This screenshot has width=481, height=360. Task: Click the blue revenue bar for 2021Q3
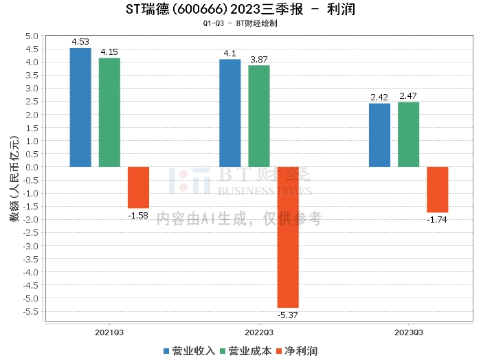[80, 107]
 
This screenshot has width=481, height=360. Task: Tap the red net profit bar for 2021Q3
[138, 187]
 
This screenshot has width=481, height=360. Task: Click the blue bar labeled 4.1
[230, 113]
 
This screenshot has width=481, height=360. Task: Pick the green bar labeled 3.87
[259, 116]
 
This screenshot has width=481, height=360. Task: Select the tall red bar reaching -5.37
[288, 237]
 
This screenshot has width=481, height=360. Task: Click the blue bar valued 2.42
[379, 135]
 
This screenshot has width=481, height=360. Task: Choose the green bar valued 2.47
[408, 134]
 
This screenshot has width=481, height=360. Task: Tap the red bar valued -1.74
[437, 189]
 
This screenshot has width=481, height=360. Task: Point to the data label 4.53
[81, 43]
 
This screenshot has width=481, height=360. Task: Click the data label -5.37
[289, 315]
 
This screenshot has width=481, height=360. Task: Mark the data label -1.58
[138, 216]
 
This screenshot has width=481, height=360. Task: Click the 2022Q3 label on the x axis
[258, 332]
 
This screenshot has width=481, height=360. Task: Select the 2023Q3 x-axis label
[408, 332]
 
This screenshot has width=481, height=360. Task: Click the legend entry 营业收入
[190, 350]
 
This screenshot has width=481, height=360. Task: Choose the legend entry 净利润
[295, 350]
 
